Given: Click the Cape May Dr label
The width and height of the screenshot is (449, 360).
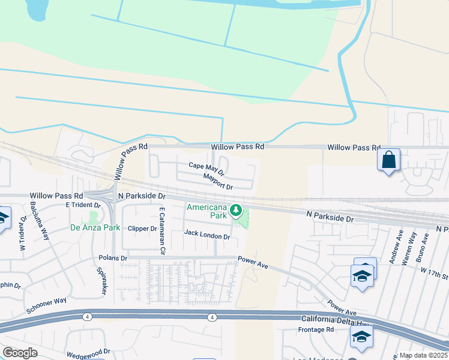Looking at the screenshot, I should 206,169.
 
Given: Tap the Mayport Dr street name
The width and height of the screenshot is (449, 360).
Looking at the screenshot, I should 217,181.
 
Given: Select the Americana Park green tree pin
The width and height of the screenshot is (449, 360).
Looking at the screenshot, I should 237,211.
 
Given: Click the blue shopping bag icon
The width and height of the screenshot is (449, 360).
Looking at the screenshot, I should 388,160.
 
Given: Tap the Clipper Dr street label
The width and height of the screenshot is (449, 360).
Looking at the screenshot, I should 142,229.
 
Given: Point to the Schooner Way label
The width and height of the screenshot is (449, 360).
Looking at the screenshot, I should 46,305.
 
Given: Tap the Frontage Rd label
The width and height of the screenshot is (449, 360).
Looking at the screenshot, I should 316,330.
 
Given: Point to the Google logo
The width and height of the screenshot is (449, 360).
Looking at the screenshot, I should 20,353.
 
